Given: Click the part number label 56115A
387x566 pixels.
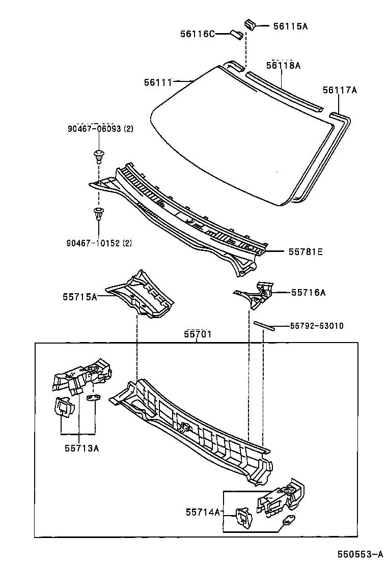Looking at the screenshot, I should coord(290,25).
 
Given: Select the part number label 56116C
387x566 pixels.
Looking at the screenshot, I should coord(197,34).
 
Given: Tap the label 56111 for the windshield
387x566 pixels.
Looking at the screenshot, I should coord(158,81).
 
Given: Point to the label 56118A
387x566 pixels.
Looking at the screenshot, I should coord(283,65).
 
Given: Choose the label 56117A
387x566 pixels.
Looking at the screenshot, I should coord(340,90).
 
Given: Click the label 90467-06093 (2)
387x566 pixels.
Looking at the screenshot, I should coord(100,129).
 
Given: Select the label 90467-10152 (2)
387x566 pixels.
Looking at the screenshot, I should coord(99,243).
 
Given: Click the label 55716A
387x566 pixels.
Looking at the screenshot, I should coord(308,292).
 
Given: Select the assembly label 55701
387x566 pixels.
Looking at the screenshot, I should coord(198,334).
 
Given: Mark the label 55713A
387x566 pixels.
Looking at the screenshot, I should coord(81,448).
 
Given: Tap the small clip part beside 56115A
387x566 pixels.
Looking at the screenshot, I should coord(250,23).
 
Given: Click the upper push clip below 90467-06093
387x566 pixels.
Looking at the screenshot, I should coord(98,154).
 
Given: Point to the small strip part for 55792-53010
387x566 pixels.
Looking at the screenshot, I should coord(264,325).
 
